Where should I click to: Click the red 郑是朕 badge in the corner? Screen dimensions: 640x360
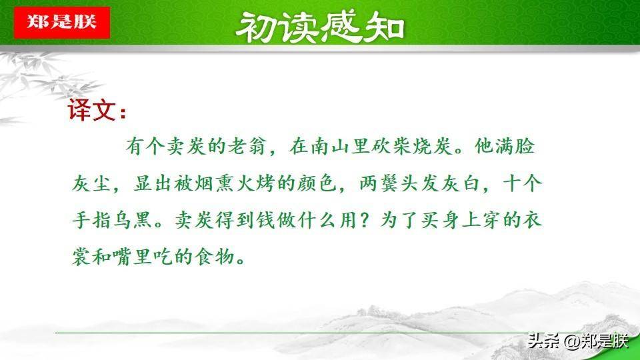tap(61, 23)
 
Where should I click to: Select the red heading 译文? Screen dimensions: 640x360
tap(97, 110)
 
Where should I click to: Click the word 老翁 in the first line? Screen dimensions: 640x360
tap(247, 147)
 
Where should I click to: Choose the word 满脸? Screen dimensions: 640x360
tap(514, 147)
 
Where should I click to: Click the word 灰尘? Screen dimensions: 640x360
tap(91, 183)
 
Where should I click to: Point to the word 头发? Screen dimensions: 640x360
tap(419, 183)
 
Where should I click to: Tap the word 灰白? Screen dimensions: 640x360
tap(461, 183)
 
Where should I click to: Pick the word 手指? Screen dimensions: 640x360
tap(91, 221)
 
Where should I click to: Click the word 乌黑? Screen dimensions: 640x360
tap(132, 221)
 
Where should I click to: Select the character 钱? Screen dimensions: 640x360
tap(266, 221)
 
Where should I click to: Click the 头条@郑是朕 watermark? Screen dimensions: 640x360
tap(578, 341)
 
